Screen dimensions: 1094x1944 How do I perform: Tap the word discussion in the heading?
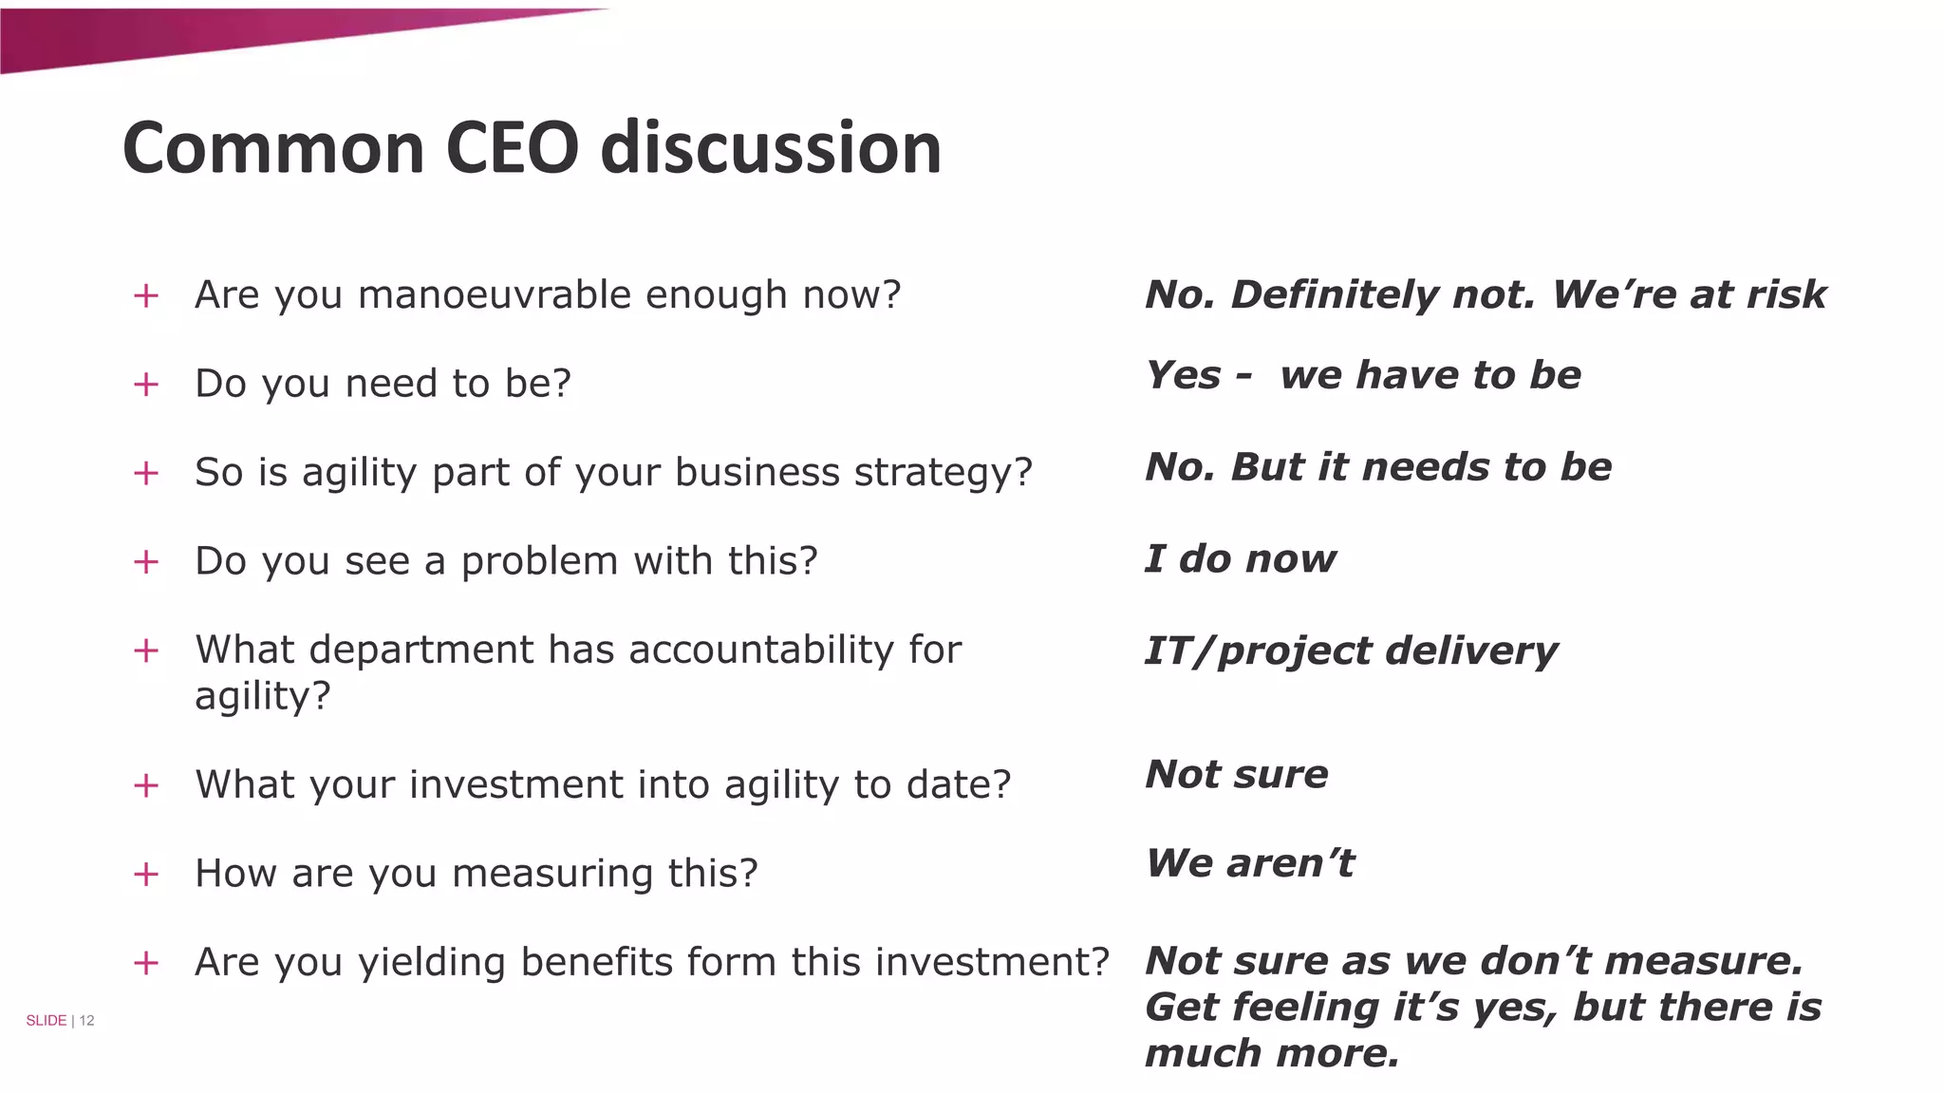770,148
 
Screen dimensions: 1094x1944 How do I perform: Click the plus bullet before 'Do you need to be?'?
146,385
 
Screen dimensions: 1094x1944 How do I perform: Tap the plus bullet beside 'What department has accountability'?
146,651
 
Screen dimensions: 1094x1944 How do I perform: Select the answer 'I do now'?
1240,558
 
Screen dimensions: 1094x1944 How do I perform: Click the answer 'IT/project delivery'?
1351,651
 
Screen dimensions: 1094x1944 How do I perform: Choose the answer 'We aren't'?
1249,863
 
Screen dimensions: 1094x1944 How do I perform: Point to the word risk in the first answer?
1786,294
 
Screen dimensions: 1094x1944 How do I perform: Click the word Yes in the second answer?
1183,375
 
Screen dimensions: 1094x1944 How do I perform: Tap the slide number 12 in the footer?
86,1020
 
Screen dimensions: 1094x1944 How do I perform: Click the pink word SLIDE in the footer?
46,1020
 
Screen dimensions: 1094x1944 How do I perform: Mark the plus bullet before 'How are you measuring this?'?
146,874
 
